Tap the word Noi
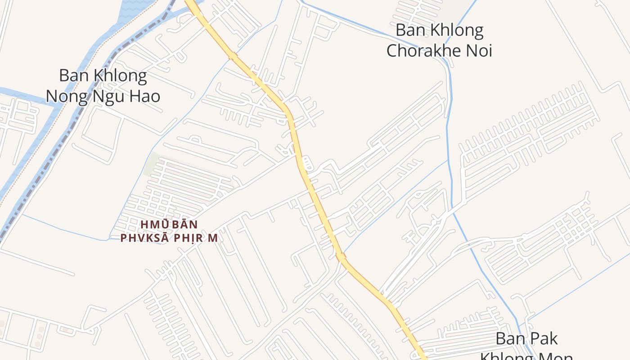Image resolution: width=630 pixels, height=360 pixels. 478,50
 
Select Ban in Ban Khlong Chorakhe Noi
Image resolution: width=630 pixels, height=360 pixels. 410,31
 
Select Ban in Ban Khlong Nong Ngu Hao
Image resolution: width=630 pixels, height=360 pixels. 73,76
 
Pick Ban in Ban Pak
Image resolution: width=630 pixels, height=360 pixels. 510,338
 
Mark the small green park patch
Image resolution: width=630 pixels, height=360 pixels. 151,165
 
